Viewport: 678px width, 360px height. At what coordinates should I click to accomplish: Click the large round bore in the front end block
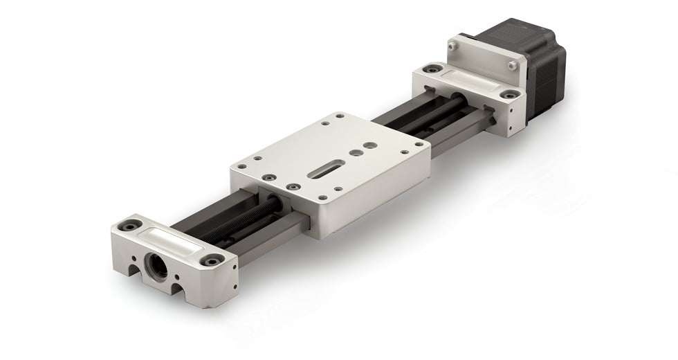(156, 265)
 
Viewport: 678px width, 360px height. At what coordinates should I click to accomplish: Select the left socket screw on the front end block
(129, 225)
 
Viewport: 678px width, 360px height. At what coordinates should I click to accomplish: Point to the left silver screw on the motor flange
(452, 46)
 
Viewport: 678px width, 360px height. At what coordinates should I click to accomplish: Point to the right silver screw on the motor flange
(512, 66)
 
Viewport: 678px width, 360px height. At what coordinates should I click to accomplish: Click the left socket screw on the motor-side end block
(432, 69)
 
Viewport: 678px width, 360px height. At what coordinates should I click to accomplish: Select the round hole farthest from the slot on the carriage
(371, 146)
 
